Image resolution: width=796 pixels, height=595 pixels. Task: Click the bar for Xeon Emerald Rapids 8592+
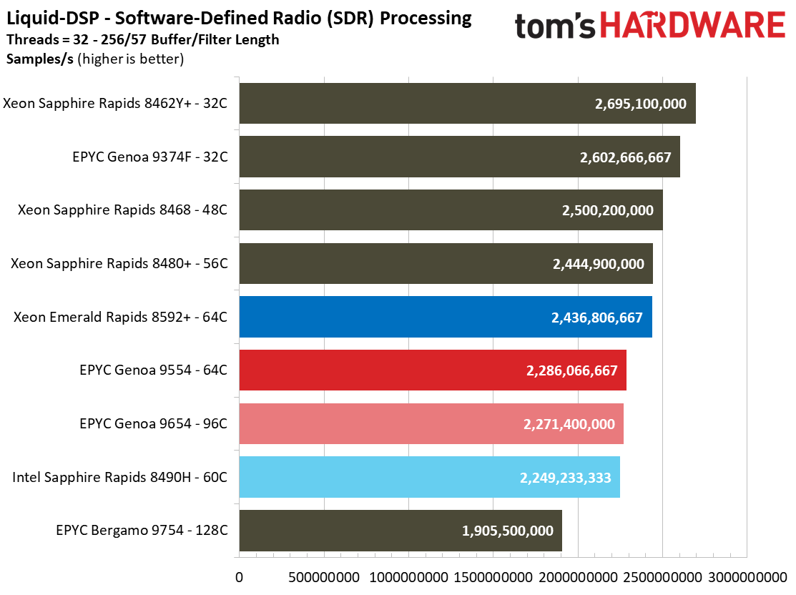coord(445,317)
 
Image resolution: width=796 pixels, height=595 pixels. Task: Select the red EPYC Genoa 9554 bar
coord(433,370)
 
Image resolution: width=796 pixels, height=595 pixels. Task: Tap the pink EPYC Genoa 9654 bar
coord(431,424)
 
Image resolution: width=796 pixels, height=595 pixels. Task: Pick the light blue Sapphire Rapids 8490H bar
coord(429,477)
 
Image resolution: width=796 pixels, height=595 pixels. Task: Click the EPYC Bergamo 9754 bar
coord(401,531)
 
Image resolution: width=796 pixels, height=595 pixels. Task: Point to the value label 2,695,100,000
coord(640,104)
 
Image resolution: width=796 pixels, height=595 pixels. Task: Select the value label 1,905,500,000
coord(508,531)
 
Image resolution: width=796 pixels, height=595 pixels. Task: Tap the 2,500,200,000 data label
coord(608,211)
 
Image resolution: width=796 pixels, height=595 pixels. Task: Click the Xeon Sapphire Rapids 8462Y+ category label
coord(115,104)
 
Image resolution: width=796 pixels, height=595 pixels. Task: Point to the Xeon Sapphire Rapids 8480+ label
coord(119,264)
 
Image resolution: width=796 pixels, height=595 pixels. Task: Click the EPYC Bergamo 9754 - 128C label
coord(142,531)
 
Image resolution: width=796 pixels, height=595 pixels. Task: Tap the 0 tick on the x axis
coord(240,576)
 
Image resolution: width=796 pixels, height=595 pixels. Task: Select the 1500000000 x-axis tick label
coord(493,576)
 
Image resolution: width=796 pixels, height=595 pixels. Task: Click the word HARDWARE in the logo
coord(692,26)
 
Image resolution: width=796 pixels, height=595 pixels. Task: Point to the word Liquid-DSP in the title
coord(44,18)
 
